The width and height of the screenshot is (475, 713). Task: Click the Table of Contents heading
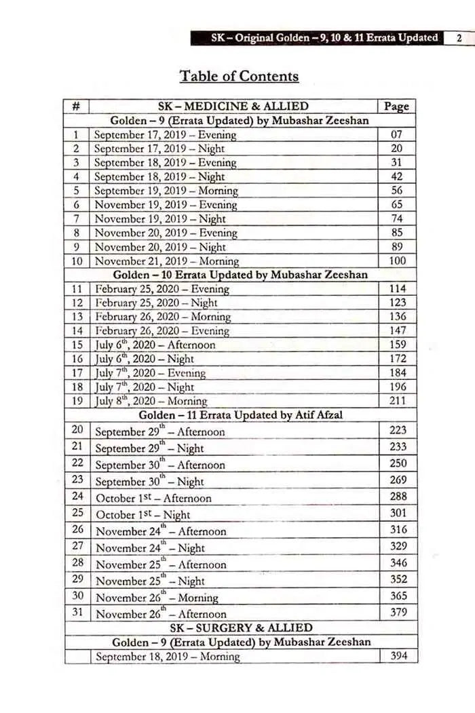(x=239, y=76)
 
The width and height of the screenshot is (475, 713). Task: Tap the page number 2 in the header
(x=459, y=38)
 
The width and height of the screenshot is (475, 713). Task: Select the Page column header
(x=396, y=107)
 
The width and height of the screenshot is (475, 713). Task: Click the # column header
(x=76, y=107)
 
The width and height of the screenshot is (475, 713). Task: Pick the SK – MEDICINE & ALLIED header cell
(x=233, y=107)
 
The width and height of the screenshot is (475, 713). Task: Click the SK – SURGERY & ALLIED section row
(x=241, y=628)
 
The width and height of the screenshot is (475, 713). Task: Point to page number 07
(x=398, y=134)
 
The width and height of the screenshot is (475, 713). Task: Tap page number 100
(x=398, y=261)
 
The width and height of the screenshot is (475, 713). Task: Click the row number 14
(x=77, y=331)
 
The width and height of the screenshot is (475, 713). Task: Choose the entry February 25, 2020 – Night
(x=156, y=303)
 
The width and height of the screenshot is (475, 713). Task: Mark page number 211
(x=398, y=400)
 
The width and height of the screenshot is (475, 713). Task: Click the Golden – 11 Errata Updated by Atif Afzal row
(x=240, y=415)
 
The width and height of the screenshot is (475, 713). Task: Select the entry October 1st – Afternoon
(x=153, y=498)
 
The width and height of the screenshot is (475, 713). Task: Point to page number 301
(x=398, y=513)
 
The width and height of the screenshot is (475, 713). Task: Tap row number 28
(x=77, y=562)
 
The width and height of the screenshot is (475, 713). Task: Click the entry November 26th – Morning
(x=157, y=598)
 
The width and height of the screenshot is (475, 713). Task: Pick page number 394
(x=398, y=656)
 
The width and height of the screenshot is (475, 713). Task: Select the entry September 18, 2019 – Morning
(x=167, y=657)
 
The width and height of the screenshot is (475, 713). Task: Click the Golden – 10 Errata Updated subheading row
(x=240, y=275)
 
